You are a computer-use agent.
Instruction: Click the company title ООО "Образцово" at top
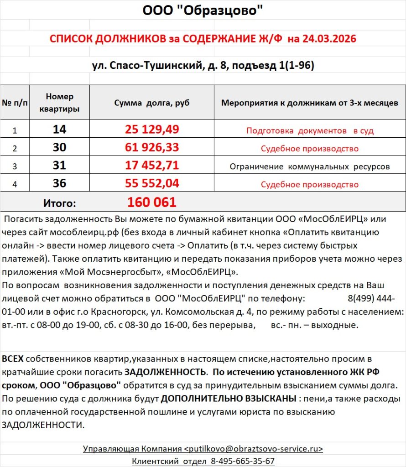tap(203, 10)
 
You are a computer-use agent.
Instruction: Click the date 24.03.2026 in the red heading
tap(322, 39)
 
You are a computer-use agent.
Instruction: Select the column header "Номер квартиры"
tap(59, 103)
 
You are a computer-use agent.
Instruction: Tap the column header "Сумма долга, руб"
tap(152, 103)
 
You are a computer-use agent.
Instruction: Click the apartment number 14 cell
tap(59, 130)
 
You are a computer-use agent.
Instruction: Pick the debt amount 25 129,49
tap(152, 130)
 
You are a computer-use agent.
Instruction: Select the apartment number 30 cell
tap(59, 147)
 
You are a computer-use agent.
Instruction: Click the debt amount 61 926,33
tap(152, 147)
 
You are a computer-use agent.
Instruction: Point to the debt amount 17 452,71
tap(152, 166)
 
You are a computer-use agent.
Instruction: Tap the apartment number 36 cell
tap(59, 183)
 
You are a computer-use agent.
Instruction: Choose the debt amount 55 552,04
tap(152, 183)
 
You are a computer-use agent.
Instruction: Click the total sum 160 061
tap(152, 202)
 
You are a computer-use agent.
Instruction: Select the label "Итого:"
tap(59, 203)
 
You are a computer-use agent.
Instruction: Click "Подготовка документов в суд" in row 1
tap(310, 131)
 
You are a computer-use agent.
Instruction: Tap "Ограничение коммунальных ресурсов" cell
tap(310, 166)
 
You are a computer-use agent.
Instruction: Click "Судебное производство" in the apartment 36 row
tap(310, 185)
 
